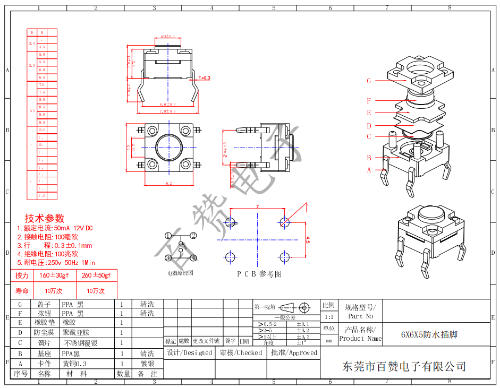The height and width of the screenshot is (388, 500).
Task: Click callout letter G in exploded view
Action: point(369,81)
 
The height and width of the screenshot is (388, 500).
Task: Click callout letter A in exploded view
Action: point(369,170)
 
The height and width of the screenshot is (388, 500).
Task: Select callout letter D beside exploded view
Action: point(369,126)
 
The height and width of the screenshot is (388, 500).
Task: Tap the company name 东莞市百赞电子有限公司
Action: point(404,366)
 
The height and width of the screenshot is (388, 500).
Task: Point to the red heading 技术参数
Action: point(45,218)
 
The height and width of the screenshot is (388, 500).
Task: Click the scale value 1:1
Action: point(329,316)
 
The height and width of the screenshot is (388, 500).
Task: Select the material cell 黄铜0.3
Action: point(74,364)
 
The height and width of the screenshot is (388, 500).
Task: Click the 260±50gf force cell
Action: point(97,275)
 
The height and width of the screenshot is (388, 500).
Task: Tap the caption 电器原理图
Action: point(181,273)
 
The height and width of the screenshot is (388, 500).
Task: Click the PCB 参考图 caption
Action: point(259,274)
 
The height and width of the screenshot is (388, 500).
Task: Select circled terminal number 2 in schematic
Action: point(194,236)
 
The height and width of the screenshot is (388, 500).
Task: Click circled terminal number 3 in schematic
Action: point(168,258)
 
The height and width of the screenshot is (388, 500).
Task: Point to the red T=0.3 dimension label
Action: point(205,78)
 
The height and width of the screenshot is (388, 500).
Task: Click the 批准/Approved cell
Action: point(294,352)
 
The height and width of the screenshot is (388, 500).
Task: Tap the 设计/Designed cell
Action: point(189,352)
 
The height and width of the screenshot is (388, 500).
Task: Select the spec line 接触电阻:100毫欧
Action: point(48,237)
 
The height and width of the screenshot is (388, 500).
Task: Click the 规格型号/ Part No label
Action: point(360,312)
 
